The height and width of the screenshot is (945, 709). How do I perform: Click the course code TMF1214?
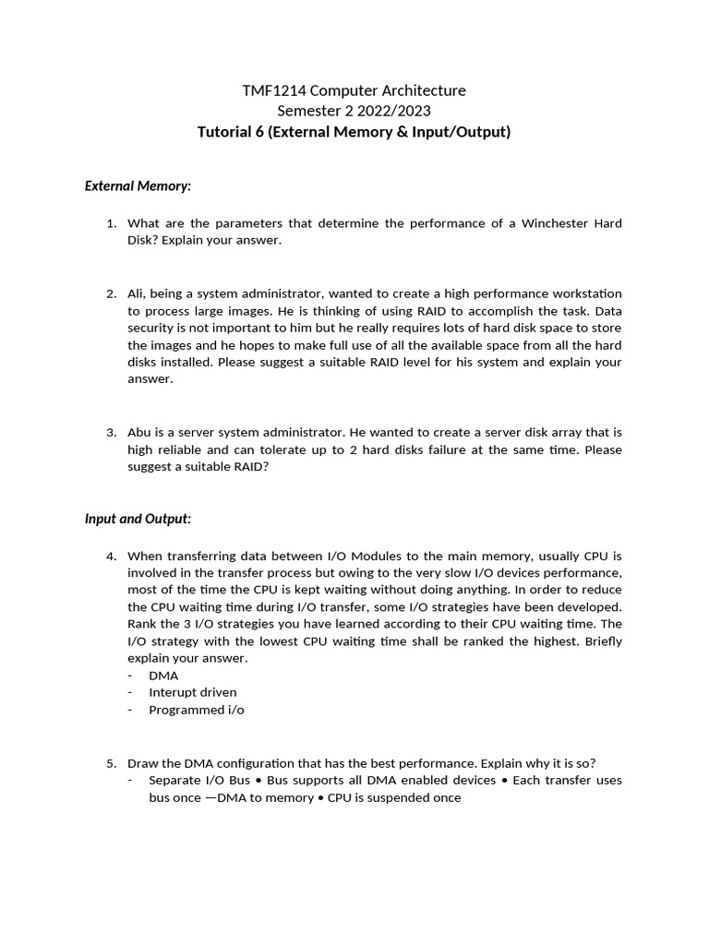pos(270,90)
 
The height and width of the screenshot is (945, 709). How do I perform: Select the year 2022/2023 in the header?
pos(391,111)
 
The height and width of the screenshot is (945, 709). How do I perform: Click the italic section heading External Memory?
pos(138,185)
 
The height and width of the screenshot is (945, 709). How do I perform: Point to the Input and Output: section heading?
pos(138,519)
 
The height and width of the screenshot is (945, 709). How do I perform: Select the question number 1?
pos(110,223)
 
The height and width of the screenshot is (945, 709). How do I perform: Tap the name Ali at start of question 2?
pos(138,293)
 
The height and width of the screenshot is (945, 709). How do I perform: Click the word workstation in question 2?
pos(584,293)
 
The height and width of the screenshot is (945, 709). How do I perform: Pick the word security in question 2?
pos(153,328)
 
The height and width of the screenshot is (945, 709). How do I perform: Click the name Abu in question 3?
pos(140,432)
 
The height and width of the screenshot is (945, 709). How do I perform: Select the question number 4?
pos(110,556)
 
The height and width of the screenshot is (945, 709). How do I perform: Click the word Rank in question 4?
pos(143,624)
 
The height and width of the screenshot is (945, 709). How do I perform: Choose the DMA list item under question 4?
pos(163,676)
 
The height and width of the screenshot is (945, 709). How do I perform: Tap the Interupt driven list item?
pos(192,692)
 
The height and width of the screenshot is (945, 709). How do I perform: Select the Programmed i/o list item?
pos(196,710)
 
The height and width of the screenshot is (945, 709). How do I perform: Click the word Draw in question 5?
pos(143,762)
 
